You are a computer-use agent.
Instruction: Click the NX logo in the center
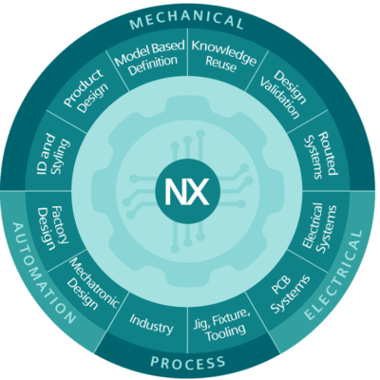(x=187, y=191)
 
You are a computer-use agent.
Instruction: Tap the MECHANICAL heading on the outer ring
(x=187, y=21)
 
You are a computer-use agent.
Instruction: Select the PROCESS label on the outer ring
(x=188, y=362)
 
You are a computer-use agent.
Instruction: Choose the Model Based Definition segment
(x=149, y=57)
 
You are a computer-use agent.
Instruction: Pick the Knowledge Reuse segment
(x=223, y=56)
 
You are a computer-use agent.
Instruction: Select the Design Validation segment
(x=283, y=94)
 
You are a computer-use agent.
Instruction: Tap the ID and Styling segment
(x=53, y=154)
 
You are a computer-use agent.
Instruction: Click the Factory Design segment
(x=53, y=228)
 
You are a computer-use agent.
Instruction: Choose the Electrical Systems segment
(x=320, y=229)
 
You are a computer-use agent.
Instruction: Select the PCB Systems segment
(x=290, y=293)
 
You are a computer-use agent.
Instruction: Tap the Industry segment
(x=151, y=324)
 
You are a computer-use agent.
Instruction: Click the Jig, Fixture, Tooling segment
(x=223, y=325)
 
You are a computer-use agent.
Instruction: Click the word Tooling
(x=226, y=332)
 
